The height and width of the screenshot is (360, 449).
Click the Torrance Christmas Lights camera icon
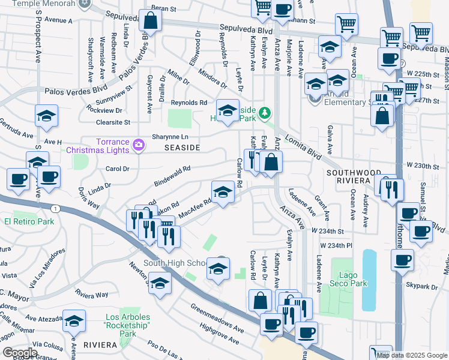tap(139, 145)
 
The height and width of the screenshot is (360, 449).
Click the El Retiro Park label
tap(29, 221)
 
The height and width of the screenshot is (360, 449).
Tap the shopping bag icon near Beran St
tap(151, 21)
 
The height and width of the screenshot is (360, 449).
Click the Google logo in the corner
tap(20, 352)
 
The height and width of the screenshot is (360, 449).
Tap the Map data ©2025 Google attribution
tap(412, 355)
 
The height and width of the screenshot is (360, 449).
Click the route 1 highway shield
tap(55, 208)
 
